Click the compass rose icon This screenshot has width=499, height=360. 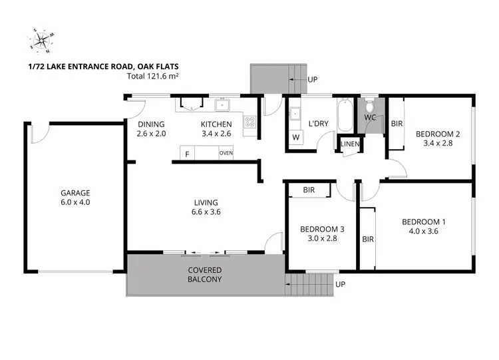(x=41, y=41)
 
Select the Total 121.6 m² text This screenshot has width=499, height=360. (x=153, y=77)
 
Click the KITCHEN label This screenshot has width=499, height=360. (x=216, y=124)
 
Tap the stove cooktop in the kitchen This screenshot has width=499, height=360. (x=251, y=122)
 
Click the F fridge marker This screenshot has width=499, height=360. (x=188, y=154)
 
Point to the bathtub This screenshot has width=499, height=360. (x=345, y=115)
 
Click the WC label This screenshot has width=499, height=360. (x=371, y=118)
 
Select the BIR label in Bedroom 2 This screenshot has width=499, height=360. (x=397, y=124)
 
